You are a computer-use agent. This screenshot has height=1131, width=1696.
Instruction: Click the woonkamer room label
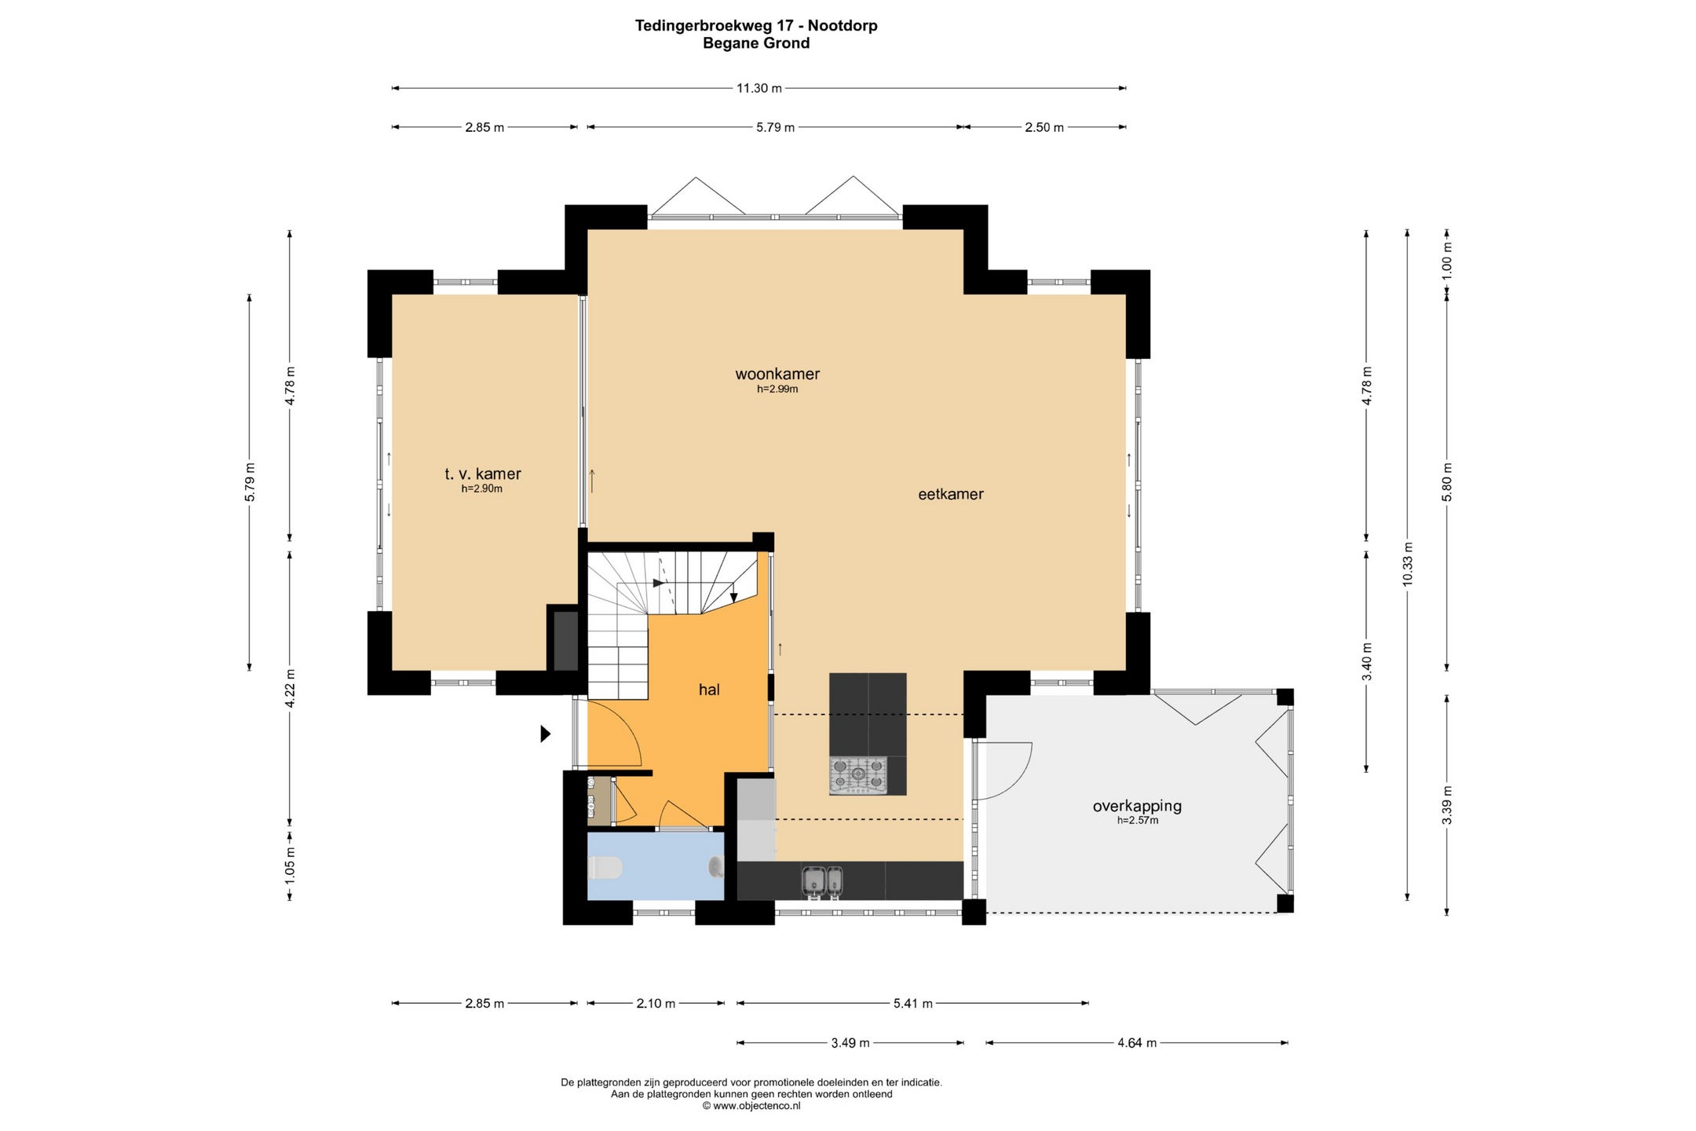pyautogui.click(x=777, y=375)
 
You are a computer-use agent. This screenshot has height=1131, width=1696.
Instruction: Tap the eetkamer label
pyautogui.click(x=951, y=494)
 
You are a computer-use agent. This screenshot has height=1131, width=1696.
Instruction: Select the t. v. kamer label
pyautogui.click(x=483, y=474)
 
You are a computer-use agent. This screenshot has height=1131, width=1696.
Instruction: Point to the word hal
pyautogui.click(x=709, y=690)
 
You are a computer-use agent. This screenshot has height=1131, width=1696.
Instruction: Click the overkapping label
pyautogui.click(x=1137, y=806)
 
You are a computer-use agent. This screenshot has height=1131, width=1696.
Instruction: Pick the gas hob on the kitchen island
pyautogui.click(x=858, y=774)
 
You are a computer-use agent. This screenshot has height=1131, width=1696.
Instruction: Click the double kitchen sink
pyautogui.click(x=822, y=881)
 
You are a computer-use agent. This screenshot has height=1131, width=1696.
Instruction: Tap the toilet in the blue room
pyautogui.click(x=605, y=868)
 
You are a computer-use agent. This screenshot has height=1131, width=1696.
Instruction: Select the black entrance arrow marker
pyautogui.click(x=546, y=734)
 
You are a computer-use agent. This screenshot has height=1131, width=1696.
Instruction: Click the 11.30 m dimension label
pyautogui.click(x=758, y=88)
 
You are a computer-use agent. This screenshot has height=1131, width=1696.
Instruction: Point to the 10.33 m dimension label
pyautogui.click(x=1407, y=564)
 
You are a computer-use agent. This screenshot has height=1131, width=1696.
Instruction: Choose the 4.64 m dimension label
pyautogui.click(x=1137, y=1043)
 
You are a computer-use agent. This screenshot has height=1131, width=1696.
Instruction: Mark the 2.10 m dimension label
pyautogui.click(x=656, y=1003)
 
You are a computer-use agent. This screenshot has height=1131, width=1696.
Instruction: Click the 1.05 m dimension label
pyautogui.click(x=290, y=865)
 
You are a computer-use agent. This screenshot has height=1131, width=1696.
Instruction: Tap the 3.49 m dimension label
pyautogui.click(x=850, y=1043)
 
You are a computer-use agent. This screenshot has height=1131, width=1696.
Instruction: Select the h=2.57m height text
pyautogui.click(x=1138, y=821)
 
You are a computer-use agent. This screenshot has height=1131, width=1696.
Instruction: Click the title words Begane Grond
pyautogui.click(x=756, y=43)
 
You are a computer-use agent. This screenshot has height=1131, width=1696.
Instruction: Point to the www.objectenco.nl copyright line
pyautogui.click(x=751, y=1106)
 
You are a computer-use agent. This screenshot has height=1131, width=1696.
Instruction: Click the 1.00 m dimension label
pyautogui.click(x=1447, y=260)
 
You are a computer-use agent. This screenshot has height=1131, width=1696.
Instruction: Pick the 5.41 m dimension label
pyautogui.click(x=912, y=1003)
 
